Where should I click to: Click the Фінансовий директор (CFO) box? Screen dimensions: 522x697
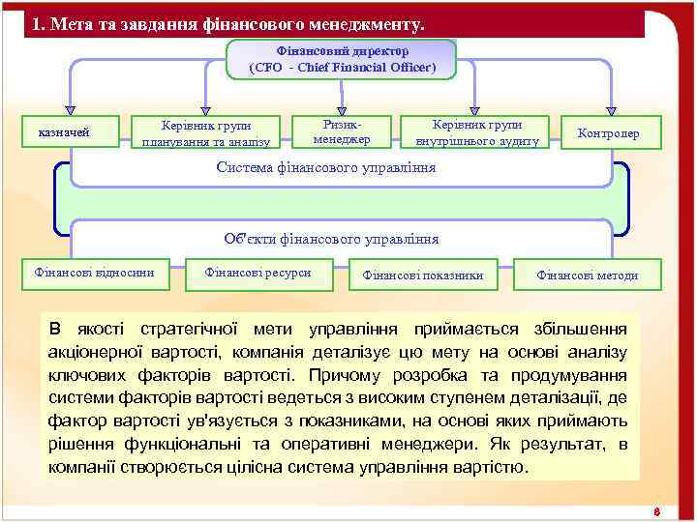(x=341, y=59)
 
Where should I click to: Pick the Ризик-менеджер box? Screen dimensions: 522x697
(x=342, y=131)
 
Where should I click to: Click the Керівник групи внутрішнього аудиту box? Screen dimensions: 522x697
(x=477, y=132)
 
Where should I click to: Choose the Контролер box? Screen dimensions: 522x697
(x=607, y=132)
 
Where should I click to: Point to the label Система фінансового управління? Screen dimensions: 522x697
(x=325, y=167)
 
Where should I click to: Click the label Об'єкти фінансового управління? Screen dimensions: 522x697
(x=330, y=239)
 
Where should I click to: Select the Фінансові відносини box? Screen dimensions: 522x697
(x=94, y=274)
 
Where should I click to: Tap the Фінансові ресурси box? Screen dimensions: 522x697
(x=258, y=274)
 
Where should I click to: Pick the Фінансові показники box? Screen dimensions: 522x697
(x=422, y=275)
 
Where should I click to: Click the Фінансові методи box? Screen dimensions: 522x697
(x=588, y=275)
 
